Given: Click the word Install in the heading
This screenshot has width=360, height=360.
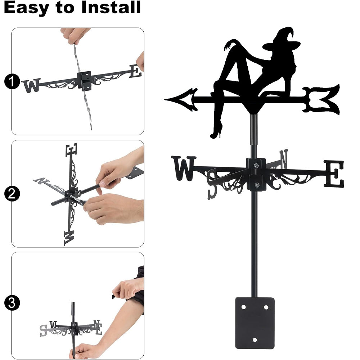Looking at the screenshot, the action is click(x=111, y=7).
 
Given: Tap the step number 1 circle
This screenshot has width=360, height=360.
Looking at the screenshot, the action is click(x=12, y=81).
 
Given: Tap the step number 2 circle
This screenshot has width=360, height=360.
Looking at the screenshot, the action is click(x=12, y=194).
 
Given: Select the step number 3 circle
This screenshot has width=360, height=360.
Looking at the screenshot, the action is click(x=12, y=303).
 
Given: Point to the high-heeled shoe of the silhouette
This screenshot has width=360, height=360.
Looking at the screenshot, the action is click(x=216, y=132).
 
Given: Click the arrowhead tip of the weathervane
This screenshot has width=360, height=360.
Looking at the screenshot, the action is click(x=165, y=99).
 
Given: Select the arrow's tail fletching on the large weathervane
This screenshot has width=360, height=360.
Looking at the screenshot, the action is click(x=321, y=99).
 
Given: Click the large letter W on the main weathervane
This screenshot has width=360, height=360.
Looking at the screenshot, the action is click(x=184, y=168).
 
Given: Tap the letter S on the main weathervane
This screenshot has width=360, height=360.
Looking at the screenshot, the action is click(x=212, y=184).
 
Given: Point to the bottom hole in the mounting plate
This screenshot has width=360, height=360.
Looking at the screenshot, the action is click(x=255, y=340).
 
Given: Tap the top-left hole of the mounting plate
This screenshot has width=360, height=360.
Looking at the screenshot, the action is click(x=243, y=307).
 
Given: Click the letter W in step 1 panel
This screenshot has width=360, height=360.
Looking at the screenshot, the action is click(x=31, y=85).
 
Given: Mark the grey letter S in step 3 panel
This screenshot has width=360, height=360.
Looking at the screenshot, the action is click(x=44, y=330).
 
